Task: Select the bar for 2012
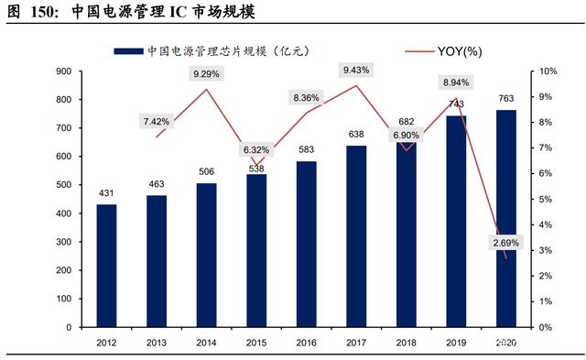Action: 106,266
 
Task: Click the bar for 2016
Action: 307,245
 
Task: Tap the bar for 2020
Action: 506,219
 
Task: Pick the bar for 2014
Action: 207,256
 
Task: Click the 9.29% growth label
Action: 206,74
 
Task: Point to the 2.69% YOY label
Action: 506,243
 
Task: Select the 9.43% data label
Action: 356,70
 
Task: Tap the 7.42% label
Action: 157,122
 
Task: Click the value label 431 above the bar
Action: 106,193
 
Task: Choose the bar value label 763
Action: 506,98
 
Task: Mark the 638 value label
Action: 356,134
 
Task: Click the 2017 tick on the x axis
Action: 356,343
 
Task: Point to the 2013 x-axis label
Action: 157,343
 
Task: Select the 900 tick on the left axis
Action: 63,71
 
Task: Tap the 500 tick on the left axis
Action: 63,185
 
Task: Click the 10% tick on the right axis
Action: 548,71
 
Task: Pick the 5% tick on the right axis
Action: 546,200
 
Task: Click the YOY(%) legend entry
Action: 443,51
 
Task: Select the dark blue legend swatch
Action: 128,51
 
